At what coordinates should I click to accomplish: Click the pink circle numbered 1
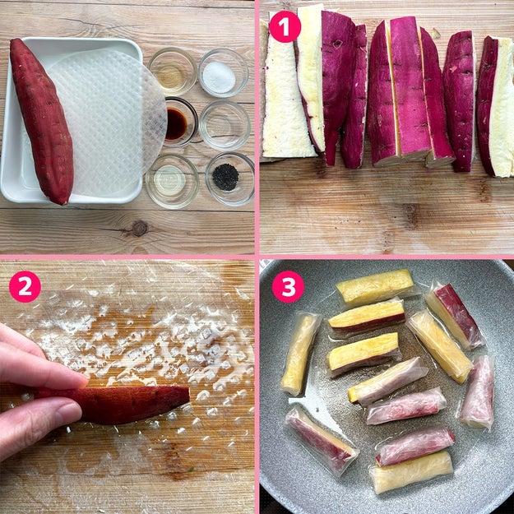(x=285, y=27)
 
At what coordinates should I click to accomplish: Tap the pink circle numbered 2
(x=25, y=286)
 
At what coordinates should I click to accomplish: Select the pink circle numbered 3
(x=288, y=286)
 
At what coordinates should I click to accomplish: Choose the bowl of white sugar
(x=224, y=72)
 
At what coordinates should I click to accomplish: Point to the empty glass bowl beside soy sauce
(x=225, y=126)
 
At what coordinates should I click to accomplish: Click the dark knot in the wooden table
(x=140, y=229)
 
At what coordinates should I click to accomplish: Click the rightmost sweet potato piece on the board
(x=495, y=107)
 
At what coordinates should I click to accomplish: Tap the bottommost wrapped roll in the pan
(x=411, y=472)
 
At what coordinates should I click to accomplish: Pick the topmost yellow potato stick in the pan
(x=375, y=287)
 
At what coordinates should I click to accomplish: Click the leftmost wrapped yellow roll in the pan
(x=300, y=354)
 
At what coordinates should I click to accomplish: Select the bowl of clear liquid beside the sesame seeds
(x=172, y=181)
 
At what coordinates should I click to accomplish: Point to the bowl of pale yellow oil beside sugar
(x=173, y=72)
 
